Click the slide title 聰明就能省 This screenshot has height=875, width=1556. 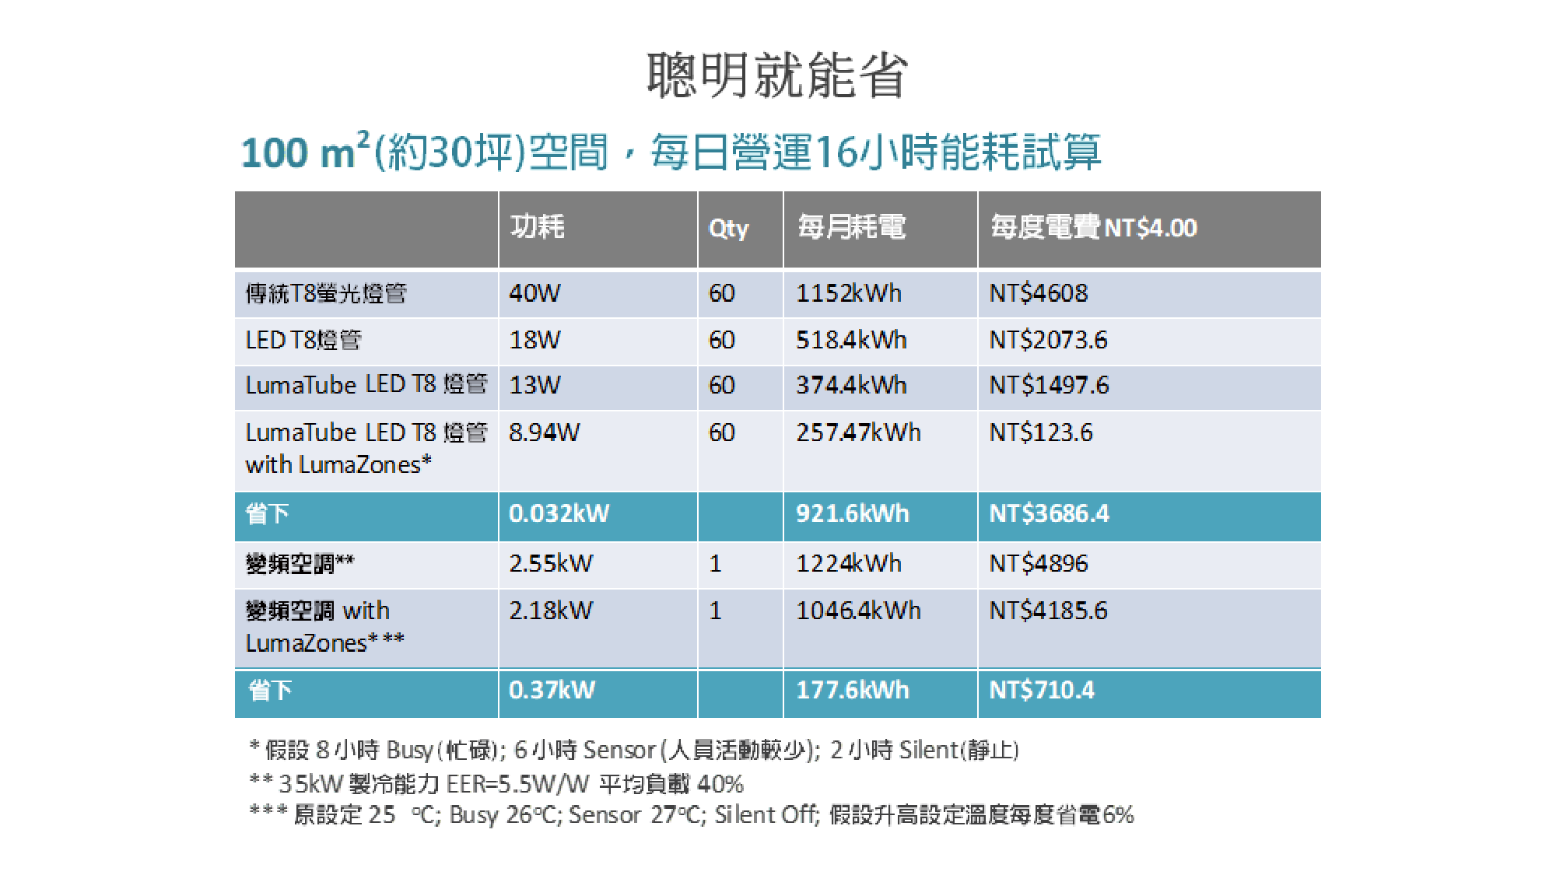tap(777, 75)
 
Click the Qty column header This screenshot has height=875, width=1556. tap(728, 228)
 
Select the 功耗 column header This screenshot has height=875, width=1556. tap(537, 226)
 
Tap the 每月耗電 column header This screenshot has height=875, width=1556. tap(851, 227)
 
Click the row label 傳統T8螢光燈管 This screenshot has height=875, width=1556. tap(326, 293)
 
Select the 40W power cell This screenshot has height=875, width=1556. tap(534, 293)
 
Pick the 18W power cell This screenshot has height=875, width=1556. tap(534, 340)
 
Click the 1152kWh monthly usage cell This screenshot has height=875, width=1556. tap(848, 293)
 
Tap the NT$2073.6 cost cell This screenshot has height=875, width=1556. tap(1048, 340)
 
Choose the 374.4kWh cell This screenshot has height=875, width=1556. tap(851, 385)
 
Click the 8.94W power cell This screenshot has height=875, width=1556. tap(544, 432)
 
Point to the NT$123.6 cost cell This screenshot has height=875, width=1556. tap(1041, 432)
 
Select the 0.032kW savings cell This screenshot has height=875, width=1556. tap(559, 513)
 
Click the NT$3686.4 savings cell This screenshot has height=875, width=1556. tap(1049, 513)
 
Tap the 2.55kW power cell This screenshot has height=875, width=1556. tap(551, 563)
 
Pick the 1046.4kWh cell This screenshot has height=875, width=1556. tap(858, 611)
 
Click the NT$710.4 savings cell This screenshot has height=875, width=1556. tap(1041, 690)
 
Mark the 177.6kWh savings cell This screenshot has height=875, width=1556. tap(852, 690)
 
